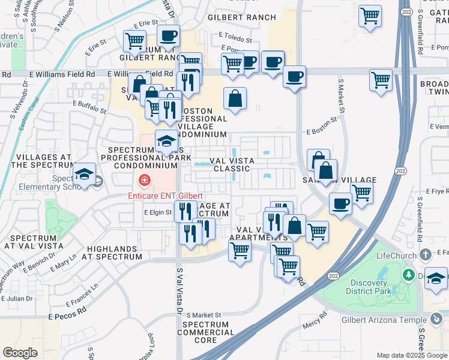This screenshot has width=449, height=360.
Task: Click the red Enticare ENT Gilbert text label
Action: (x=165, y=196)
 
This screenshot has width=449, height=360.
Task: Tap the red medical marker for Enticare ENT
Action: (x=144, y=180)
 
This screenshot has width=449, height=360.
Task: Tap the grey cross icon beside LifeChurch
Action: (x=426, y=255)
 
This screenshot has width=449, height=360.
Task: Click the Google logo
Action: (x=20, y=353)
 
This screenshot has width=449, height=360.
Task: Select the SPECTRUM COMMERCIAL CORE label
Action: (x=205, y=332)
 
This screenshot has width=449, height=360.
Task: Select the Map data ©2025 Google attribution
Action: (x=412, y=355)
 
